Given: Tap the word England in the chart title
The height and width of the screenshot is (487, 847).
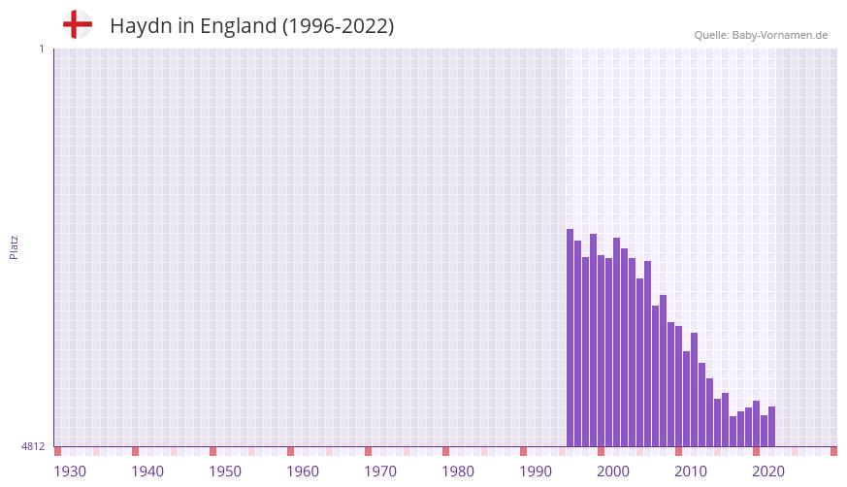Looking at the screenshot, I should (x=239, y=26).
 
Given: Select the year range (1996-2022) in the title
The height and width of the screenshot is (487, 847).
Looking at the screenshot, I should (x=338, y=26).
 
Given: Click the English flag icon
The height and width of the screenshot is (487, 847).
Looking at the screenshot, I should (x=78, y=24).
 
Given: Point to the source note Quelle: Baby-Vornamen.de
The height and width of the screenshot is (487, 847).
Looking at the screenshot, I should (x=761, y=35).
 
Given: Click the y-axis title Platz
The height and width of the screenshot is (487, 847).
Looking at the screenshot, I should (x=14, y=246).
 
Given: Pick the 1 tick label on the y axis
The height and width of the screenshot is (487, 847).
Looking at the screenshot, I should (x=41, y=49).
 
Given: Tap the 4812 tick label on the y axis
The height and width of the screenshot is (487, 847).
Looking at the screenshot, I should (x=33, y=446).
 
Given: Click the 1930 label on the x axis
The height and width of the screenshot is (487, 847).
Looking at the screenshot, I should (x=70, y=471).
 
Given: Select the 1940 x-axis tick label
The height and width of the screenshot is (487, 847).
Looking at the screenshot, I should (x=147, y=471).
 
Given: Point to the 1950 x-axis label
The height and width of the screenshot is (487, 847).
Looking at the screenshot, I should (x=225, y=471).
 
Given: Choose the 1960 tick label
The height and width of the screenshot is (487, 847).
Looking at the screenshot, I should (x=303, y=471).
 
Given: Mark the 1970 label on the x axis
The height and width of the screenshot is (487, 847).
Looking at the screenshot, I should (x=380, y=471).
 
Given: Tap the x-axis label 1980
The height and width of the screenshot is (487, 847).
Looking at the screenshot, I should (x=458, y=471).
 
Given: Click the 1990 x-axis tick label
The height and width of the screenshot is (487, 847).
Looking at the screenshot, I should (x=536, y=471).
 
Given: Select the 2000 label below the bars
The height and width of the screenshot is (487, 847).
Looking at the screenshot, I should (x=613, y=471).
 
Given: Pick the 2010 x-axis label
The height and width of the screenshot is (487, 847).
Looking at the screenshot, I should (x=691, y=471).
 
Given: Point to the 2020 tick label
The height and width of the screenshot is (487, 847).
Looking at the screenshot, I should (x=768, y=471).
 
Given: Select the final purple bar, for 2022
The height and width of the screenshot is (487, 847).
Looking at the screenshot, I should (x=771, y=427).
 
